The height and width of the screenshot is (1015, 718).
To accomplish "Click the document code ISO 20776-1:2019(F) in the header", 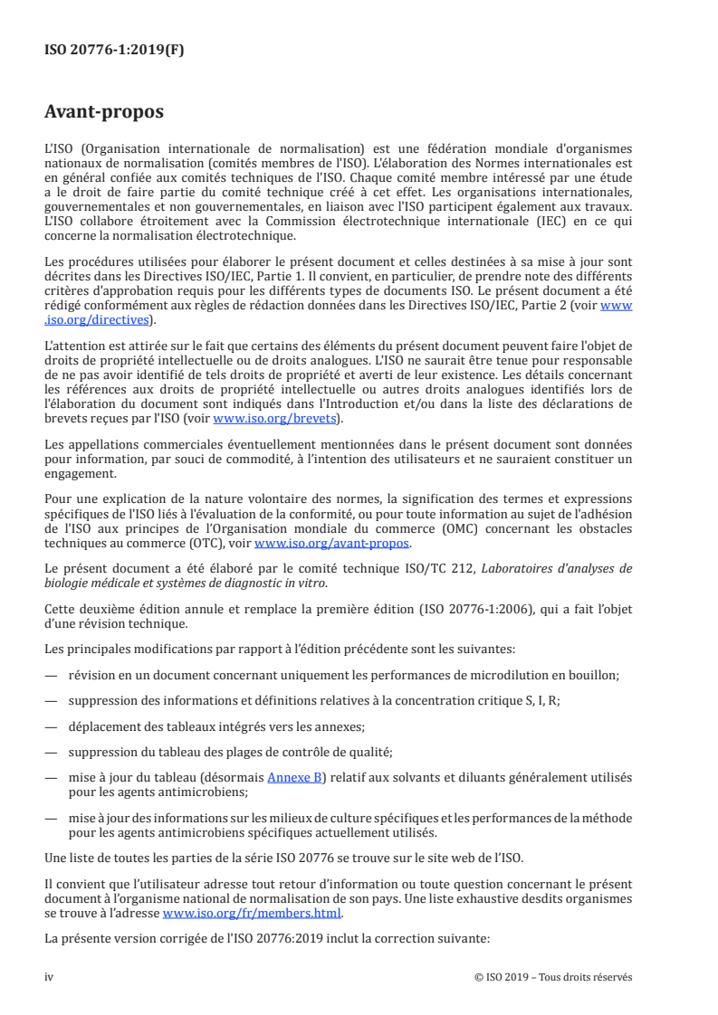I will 114,52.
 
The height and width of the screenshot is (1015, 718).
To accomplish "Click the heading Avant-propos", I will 104,112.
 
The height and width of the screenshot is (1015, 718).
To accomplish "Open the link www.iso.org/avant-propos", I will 332,543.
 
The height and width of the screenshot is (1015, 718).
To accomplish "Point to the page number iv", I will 50,976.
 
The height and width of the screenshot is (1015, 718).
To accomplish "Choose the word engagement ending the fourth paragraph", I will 80,472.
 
